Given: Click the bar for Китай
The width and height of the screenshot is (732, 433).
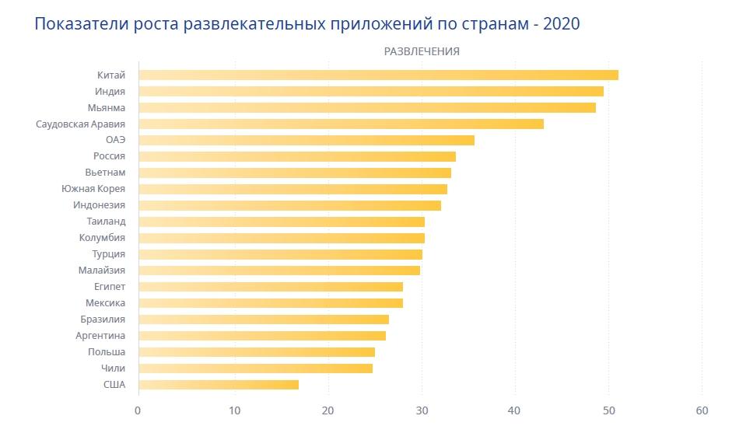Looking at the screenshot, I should pos(378,75).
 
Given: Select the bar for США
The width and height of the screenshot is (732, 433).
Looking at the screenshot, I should pos(219,384).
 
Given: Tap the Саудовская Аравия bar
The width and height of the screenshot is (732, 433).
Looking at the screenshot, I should pos(341,124).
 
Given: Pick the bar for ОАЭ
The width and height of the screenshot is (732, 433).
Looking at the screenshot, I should pos(306,140).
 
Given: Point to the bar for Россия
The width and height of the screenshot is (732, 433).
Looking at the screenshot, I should pos(297,156).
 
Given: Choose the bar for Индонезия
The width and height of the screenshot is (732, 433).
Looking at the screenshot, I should pos(289,205).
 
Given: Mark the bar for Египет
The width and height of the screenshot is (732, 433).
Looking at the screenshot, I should pos(271,287).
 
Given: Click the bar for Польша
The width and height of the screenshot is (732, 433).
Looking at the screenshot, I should pos(257,352).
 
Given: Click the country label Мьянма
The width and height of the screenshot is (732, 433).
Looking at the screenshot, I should pos(107,107).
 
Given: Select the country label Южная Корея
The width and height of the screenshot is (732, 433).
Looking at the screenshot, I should pos(93,189).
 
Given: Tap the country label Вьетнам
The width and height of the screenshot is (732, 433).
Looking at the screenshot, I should pos(105,173).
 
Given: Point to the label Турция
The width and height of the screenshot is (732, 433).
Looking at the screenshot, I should pos(108,254).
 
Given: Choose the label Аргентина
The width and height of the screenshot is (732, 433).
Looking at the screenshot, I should pos(100,336).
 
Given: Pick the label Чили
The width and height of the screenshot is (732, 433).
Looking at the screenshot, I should pos(113,368).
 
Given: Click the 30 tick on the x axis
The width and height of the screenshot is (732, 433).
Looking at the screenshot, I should pos(421,411).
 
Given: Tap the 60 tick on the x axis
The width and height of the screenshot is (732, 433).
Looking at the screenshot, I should pos(702,411).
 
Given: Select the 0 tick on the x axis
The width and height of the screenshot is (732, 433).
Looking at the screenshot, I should pos(138,411).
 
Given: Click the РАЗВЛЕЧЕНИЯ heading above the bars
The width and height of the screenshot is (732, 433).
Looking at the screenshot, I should pos(421,51).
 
